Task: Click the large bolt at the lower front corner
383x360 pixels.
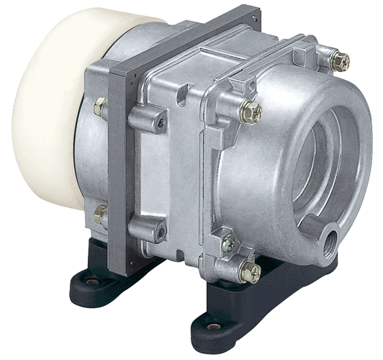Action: point(250,272)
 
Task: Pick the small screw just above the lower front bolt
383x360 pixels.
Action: point(229,243)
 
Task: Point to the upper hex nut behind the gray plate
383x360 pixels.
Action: point(100,108)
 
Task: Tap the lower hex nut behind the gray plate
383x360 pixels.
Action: point(100,214)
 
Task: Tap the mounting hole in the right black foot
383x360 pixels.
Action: point(213,326)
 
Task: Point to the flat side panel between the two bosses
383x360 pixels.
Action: point(162,176)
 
